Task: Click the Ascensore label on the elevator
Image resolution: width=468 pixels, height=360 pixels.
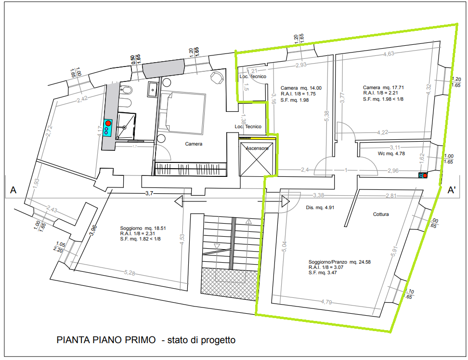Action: (257, 148)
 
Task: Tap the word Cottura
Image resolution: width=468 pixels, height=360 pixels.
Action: (380, 214)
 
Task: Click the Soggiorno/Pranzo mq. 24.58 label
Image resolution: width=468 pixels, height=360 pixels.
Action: (339, 262)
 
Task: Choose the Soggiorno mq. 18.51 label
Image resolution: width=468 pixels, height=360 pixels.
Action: (143, 228)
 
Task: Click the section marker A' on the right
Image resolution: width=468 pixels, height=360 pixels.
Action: (452, 190)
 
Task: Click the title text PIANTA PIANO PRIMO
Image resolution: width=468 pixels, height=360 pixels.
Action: (106, 340)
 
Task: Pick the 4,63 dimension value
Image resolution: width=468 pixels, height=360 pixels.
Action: (389, 54)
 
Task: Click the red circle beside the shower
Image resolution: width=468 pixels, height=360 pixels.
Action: (108, 123)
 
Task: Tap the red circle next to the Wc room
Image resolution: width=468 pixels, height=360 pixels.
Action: (425, 175)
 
